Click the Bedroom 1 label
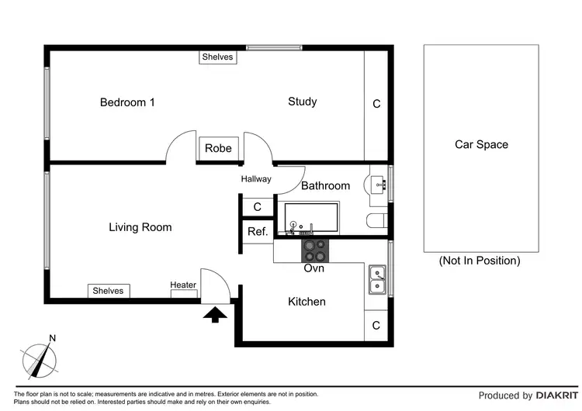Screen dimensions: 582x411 click(x=127, y=102)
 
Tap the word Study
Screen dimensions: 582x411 click(x=303, y=102)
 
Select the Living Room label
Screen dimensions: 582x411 click(x=140, y=227)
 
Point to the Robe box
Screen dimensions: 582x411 click(x=219, y=149)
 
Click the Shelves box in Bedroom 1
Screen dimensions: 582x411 click(x=218, y=57)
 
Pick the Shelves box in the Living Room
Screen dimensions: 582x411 click(x=109, y=291)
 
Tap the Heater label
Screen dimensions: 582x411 click(x=183, y=285)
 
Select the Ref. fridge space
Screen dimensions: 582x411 click(x=258, y=232)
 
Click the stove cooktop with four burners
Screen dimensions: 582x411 click(x=315, y=250)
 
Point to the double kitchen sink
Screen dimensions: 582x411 click(x=377, y=280)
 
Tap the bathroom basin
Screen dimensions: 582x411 click(x=377, y=185)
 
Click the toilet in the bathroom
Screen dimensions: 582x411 click(x=376, y=221)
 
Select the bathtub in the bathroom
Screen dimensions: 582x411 click(x=308, y=218)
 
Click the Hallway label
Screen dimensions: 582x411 click(x=256, y=179)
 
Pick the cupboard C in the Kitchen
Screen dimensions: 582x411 click(x=376, y=326)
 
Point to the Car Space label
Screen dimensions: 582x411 click(x=481, y=144)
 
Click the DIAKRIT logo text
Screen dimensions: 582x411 click(x=556, y=395)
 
